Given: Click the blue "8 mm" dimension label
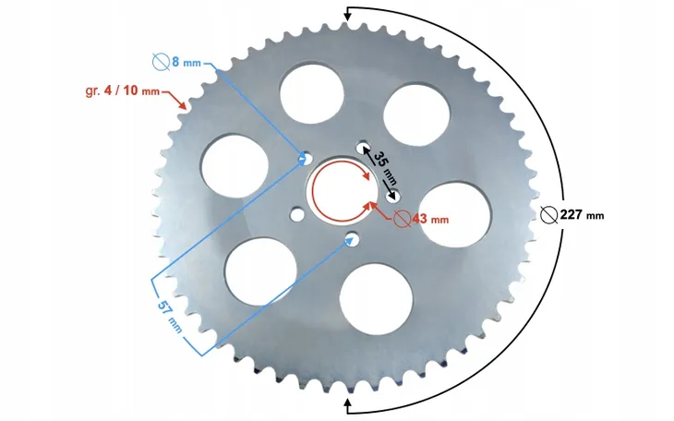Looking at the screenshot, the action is tap(187, 62).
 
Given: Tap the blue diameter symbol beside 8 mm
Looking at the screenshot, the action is tap(161, 62).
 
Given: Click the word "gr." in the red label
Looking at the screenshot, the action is tap(93, 91).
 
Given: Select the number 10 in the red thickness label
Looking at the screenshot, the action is tap(130, 90).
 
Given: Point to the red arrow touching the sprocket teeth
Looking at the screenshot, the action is tap(175, 100).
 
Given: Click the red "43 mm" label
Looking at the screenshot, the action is tap(430, 220).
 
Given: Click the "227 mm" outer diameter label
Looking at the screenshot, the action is tap(582, 214).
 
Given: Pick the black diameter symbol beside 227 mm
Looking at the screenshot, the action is tap(549, 214).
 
